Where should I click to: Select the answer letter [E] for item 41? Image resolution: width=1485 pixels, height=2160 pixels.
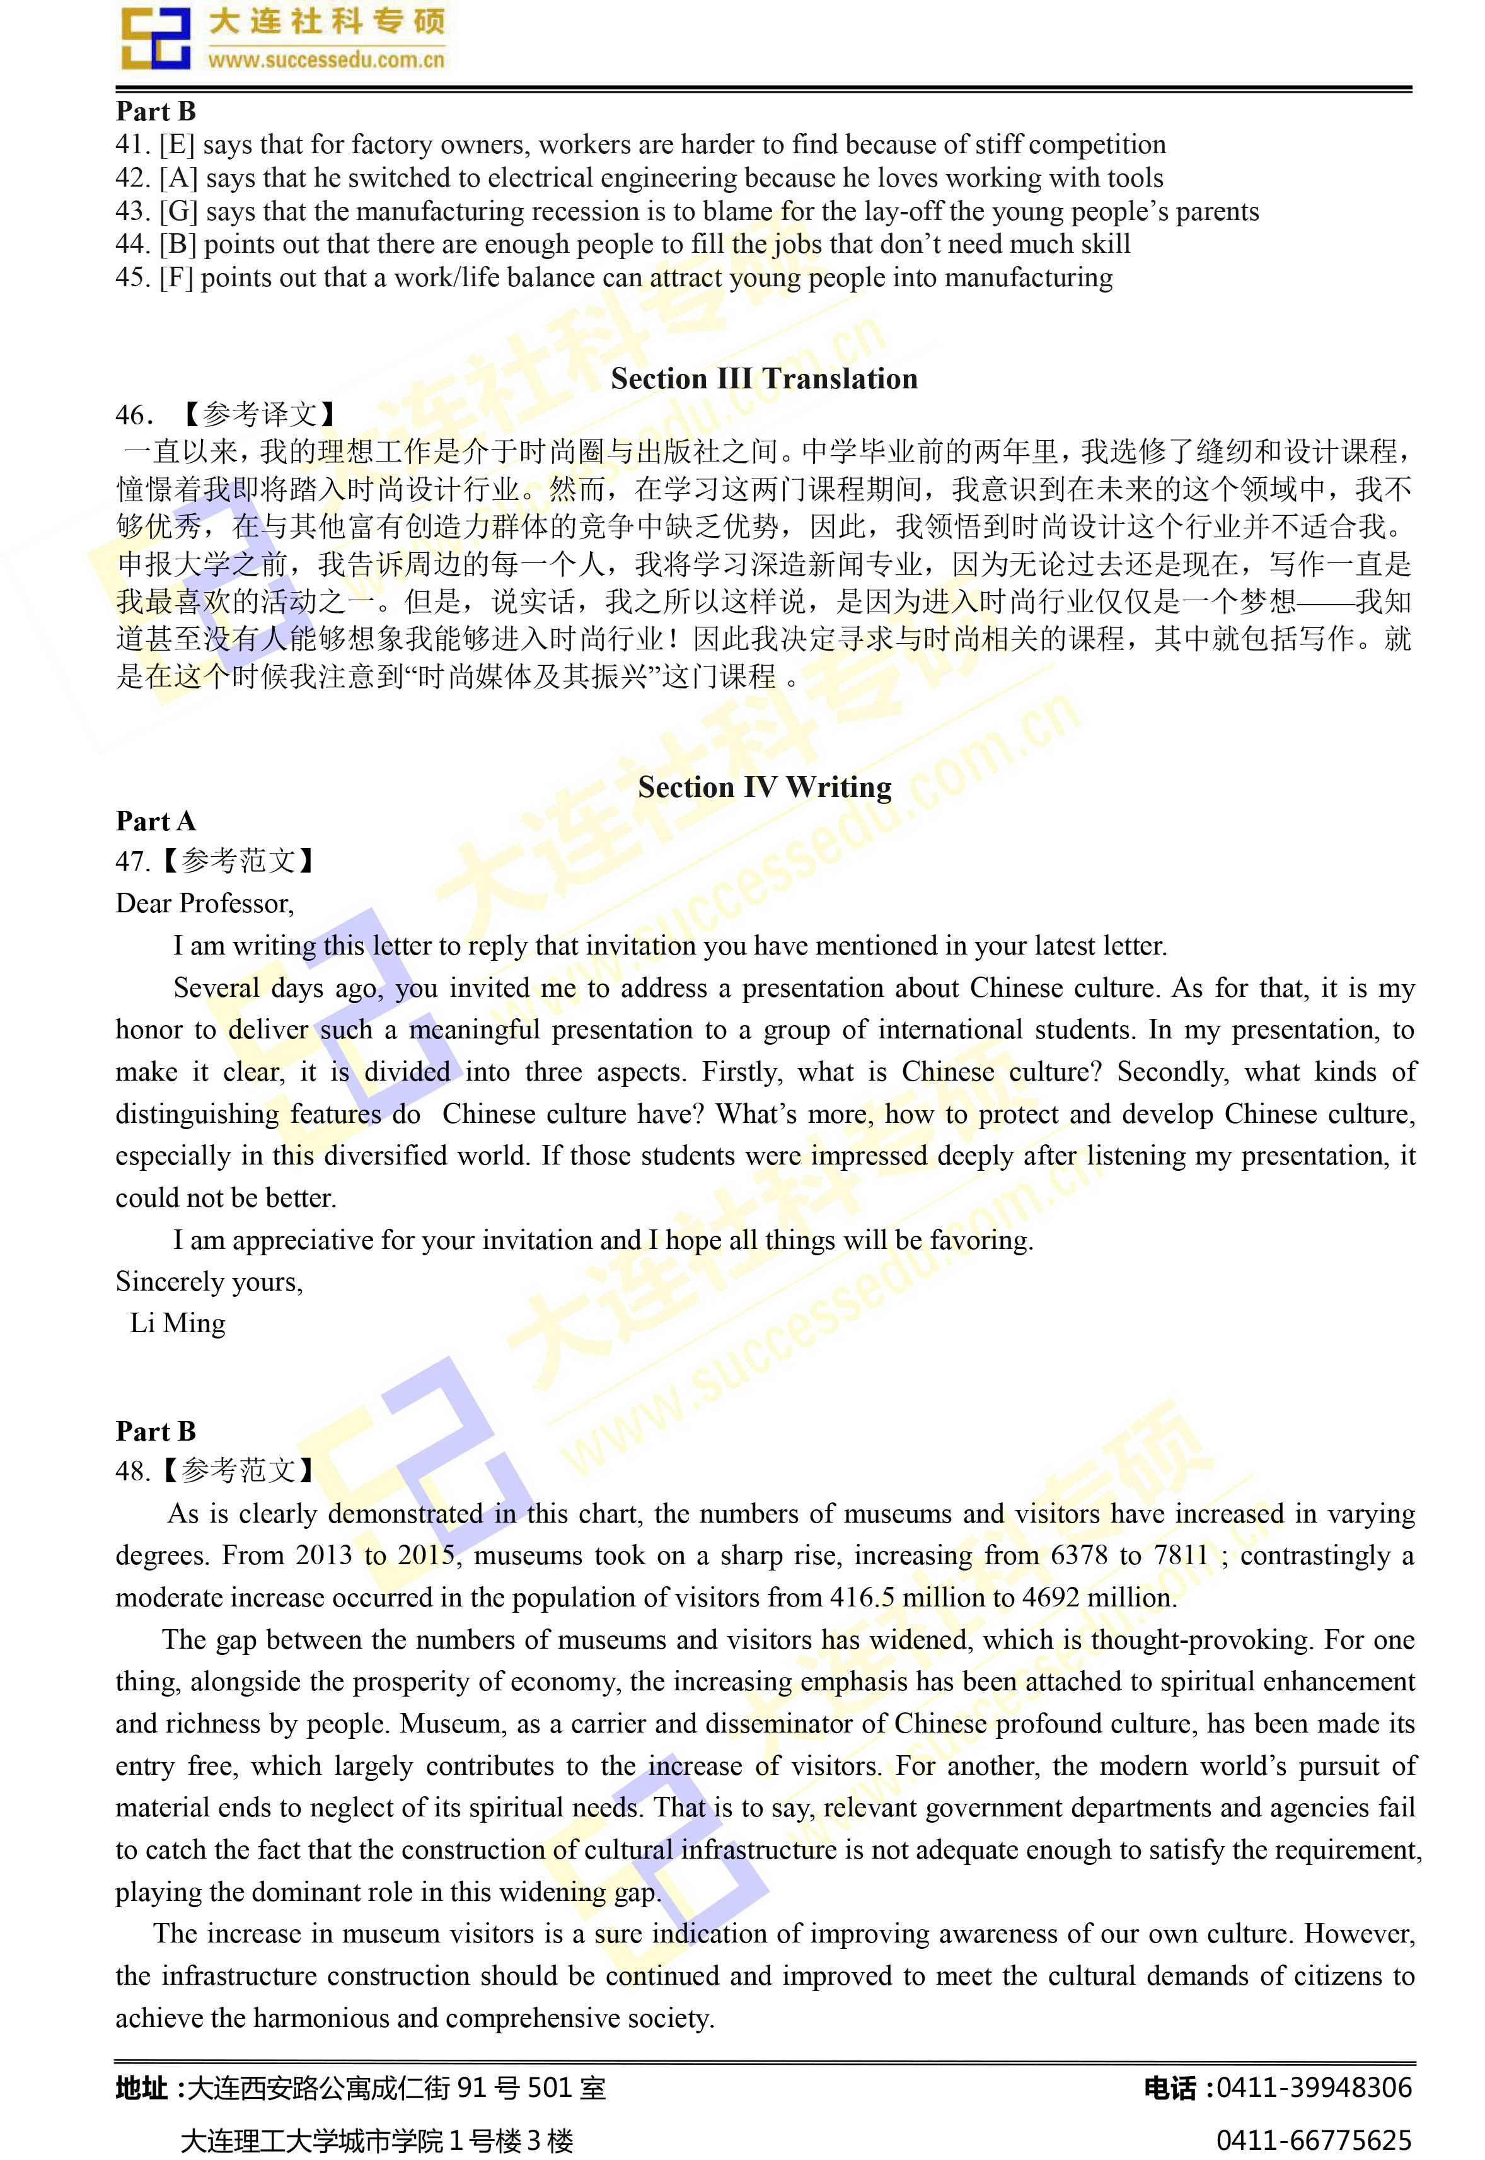(x=176, y=145)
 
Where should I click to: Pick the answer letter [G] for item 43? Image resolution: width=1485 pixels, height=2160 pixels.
(x=178, y=212)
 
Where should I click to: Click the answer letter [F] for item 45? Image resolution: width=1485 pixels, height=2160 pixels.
(x=176, y=278)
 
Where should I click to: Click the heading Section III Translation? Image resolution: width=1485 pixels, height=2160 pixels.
(x=764, y=379)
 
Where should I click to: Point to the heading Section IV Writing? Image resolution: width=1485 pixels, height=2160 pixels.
(x=764, y=787)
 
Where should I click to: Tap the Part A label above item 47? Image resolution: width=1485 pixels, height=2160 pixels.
(x=156, y=821)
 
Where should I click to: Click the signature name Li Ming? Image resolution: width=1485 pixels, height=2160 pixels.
(x=178, y=1323)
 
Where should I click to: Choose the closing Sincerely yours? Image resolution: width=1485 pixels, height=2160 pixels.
(x=209, y=1282)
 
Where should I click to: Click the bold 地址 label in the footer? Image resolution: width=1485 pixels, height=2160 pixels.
(x=141, y=2088)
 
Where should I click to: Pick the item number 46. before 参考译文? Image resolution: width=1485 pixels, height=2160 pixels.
(x=133, y=415)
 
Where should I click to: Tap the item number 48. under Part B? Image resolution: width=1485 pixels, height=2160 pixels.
(x=132, y=1472)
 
